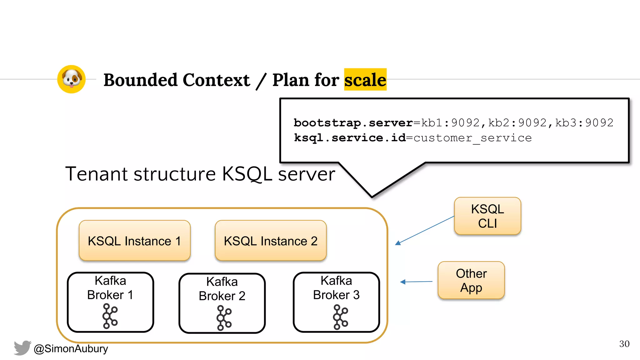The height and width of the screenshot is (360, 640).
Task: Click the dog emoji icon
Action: pos(72,79)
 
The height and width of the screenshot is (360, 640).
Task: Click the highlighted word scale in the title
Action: pos(365,80)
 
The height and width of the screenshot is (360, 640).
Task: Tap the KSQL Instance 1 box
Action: pos(135,241)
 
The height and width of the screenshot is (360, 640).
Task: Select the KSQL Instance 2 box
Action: pos(271,241)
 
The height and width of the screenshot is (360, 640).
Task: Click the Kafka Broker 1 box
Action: pos(110,302)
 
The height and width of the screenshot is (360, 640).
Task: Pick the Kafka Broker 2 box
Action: pos(222,303)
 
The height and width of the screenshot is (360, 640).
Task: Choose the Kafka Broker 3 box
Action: pos(336,302)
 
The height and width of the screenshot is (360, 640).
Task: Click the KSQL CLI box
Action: pos(487,216)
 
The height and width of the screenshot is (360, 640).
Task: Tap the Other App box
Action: pos(471,280)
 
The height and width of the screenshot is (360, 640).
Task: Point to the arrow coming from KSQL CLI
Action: pos(425,230)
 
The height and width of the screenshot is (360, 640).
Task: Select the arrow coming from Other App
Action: pos(416,282)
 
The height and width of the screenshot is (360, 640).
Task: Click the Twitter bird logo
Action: pos(22,348)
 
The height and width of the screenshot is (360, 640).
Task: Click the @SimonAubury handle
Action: pos(71,348)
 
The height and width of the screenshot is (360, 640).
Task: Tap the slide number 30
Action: pos(624,344)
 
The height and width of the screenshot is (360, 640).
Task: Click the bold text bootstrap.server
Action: pos(353,123)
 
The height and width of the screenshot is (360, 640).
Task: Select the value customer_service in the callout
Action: pos(472,138)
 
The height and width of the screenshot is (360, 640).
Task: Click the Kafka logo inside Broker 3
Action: pos(340,317)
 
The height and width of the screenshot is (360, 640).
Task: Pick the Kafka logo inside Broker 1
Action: pos(110,316)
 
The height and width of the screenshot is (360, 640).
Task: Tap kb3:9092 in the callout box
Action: pos(584,123)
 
